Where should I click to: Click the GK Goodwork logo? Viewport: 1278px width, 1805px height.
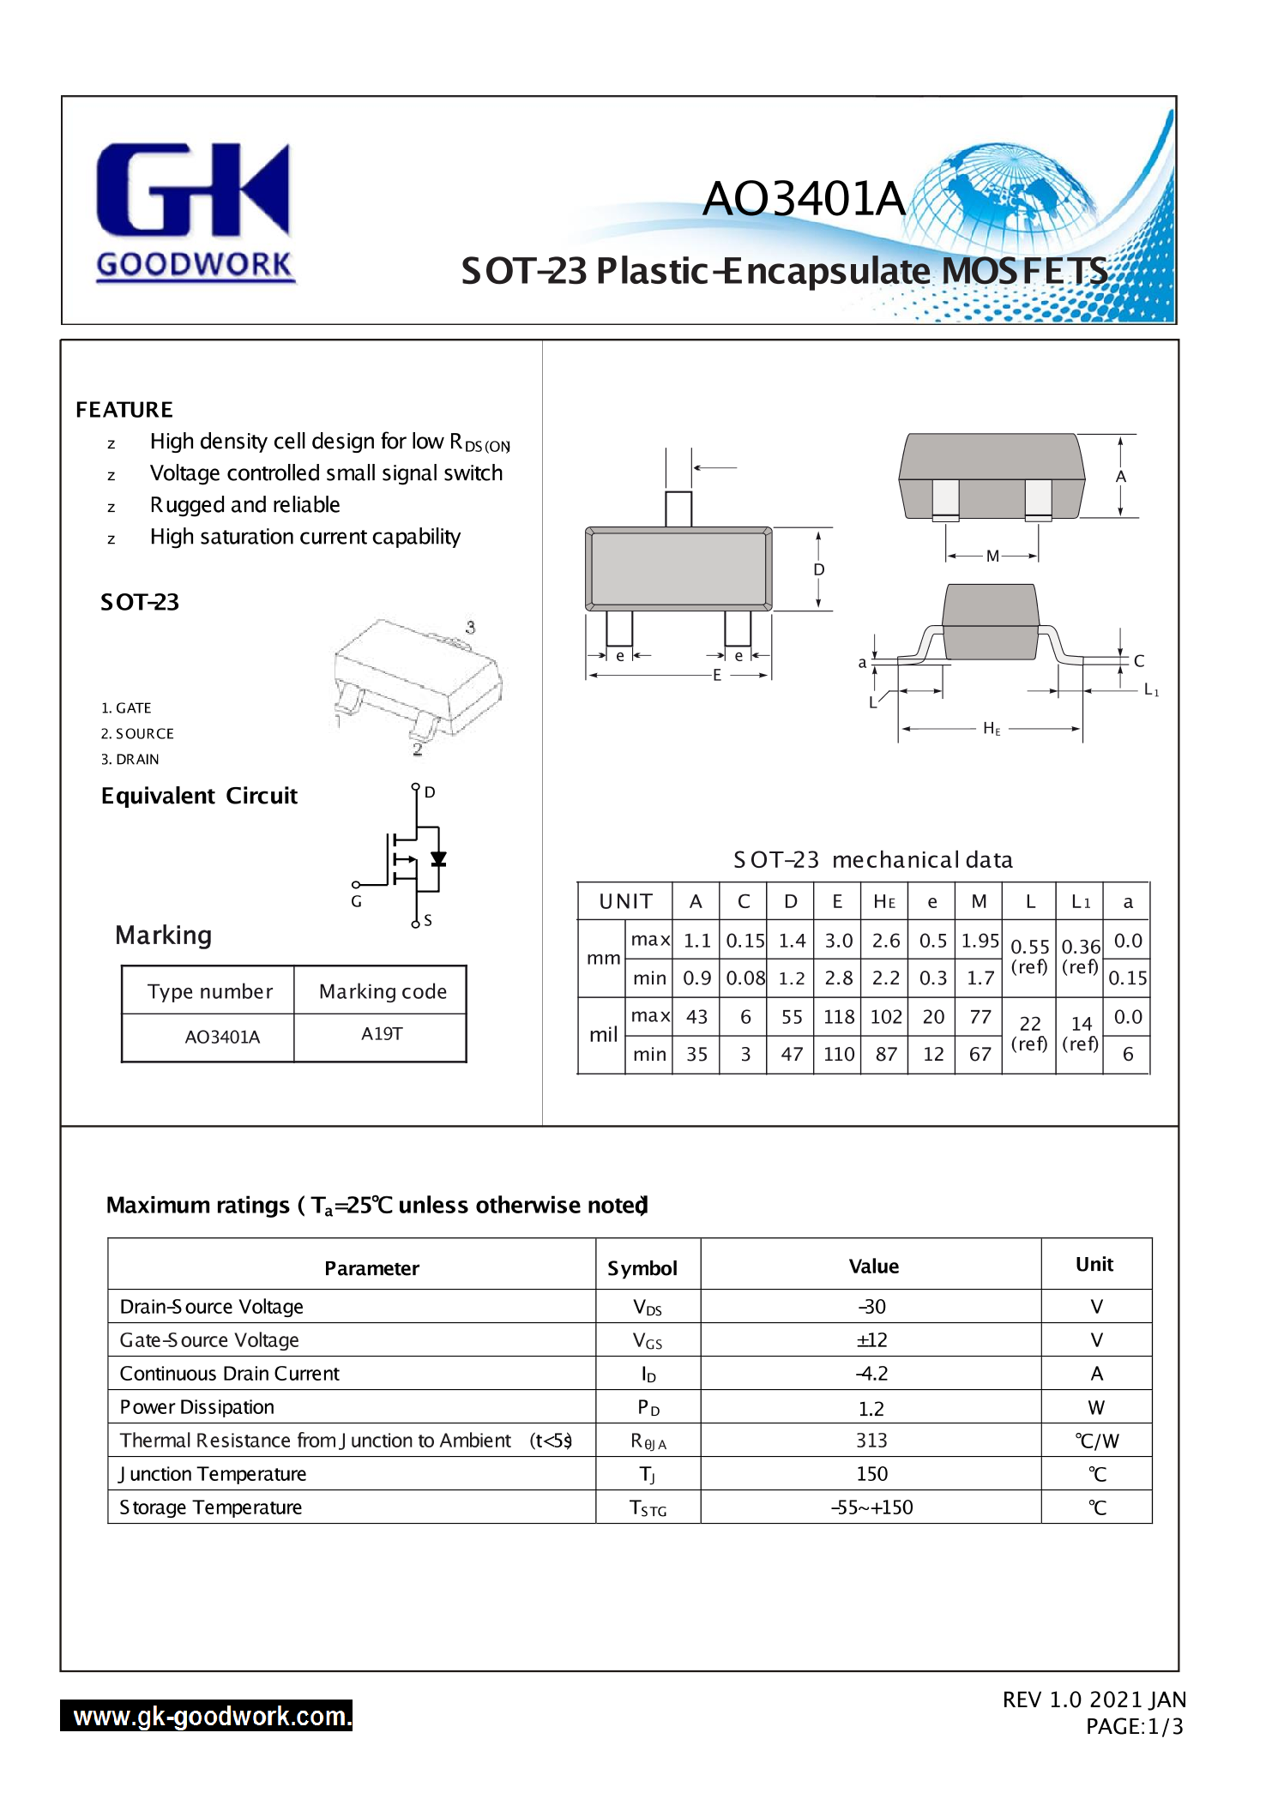pos(194,211)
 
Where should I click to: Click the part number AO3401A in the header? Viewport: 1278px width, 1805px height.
pos(804,199)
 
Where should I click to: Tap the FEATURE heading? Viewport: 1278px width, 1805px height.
pos(124,410)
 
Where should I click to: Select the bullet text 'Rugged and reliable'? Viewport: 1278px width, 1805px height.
pos(244,505)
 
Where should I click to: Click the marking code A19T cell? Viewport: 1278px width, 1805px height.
pos(382,1034)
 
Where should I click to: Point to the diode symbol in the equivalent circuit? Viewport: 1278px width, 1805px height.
pos(438,858)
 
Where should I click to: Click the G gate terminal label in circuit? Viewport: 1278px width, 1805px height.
pos(356,901)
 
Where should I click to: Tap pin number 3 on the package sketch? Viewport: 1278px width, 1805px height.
pos(470,628)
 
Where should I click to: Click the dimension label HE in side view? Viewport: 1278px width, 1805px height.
pos(992,729)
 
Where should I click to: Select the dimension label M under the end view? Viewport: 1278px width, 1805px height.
pos(992,556)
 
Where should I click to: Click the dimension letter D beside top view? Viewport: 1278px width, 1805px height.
pos(819,570)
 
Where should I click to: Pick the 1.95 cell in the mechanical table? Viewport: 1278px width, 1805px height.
pos(980,941)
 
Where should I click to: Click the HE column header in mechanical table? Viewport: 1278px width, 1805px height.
pos(884,902)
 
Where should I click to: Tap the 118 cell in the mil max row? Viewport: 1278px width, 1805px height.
pos(839,1017)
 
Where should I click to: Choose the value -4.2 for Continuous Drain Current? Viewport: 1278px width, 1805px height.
pos(871,1374)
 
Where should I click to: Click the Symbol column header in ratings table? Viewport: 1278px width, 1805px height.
pos(642,1268)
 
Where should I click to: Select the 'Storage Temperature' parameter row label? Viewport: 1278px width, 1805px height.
pos(211,1507)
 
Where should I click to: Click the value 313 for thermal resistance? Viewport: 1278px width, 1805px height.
pos(871,1441)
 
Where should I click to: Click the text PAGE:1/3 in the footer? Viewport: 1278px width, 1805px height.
pos(1134,1726)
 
